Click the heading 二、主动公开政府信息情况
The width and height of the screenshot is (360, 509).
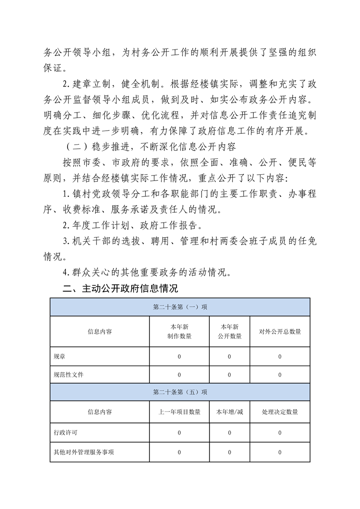click(120, 289)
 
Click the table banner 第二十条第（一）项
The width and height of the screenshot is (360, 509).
click(180, 307)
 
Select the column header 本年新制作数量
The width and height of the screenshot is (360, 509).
click(179, 332)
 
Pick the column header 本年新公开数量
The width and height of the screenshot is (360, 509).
click(229, 332)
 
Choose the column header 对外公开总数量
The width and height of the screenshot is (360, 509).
click(280, 332)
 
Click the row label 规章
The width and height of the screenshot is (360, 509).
click(59, 357)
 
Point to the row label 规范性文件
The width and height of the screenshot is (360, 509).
click(69, 375)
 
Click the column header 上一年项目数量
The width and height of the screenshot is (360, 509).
click(179, 412)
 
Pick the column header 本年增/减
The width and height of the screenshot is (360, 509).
click(229, 412)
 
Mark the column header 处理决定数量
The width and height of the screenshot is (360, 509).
click(280, 412)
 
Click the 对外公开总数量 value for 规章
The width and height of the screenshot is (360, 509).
click(280, 357)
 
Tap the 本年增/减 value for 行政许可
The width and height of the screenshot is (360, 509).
click(229, 433)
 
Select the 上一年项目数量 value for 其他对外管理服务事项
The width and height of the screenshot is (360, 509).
click(179, 452)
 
